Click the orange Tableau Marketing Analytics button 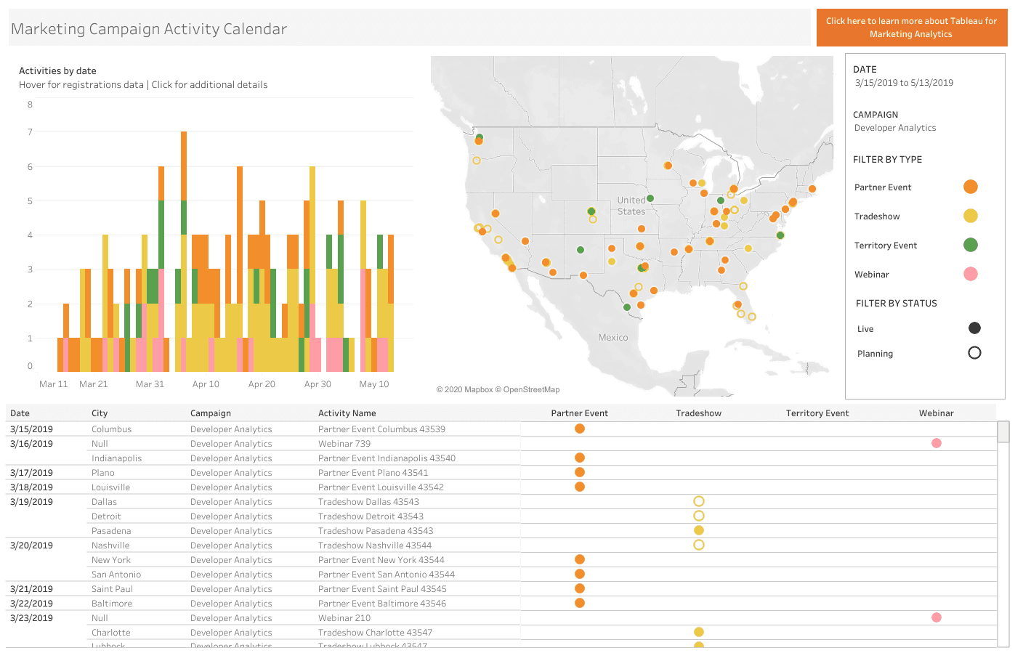(x=911, y=28)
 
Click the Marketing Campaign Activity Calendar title (x=149, y=29)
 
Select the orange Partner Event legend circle (x=970, y=187)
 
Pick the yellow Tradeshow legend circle (x=970, y=216)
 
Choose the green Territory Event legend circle (x=970, y=245)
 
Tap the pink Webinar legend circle (x=970, y=274)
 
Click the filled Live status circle (x=974, y=328)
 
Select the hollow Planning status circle (x=974, y=353)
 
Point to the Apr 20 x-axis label (x=262, y=384)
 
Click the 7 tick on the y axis (x=30, y=132)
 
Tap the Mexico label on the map (x=612, y=338)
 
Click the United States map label (x=631, y=206)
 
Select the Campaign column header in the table (x=211, y=413)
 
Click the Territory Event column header (x=817, y=413)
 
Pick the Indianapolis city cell (x=116, y=458)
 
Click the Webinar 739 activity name (x=344, y=444)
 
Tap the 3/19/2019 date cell (x=31, y=502)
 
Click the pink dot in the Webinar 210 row (x=936, y=617)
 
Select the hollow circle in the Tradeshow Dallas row (x=698, y=501)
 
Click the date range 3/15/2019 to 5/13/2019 (x=904, y=83)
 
